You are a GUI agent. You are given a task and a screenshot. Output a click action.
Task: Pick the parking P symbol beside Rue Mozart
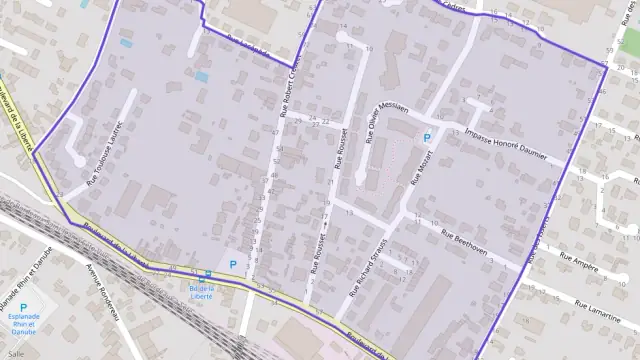pos(427,138)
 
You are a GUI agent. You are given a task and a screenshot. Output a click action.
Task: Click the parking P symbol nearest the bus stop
pos(234,265)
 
